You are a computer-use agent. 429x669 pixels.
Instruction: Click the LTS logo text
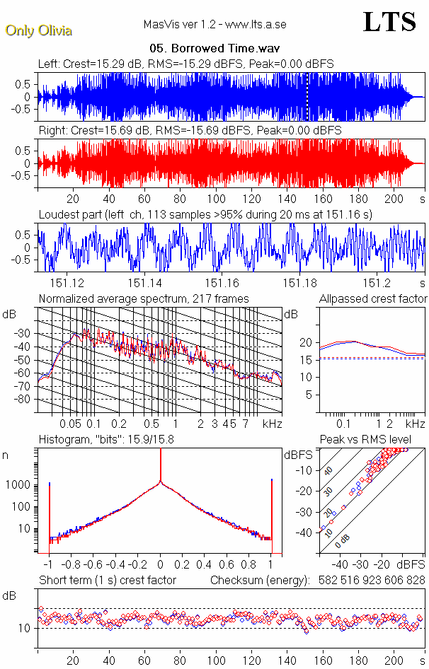pyautogui.click(x=389, y=23)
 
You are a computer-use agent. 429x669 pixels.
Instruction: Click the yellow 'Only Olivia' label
pyautogui.click(x=38, y=30)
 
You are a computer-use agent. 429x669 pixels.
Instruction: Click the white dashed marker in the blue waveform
pyautogui.click(x=307, y=98)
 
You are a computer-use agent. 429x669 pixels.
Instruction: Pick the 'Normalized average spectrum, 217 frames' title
pyautogui.click(x=144, y=298)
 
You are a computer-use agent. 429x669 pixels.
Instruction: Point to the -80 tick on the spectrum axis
pyautogui.click(x=28, y=400)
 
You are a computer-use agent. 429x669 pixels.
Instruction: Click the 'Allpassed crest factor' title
pyautogui.click(x=373, y=298)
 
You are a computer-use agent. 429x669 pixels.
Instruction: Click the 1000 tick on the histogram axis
pyautogui.click(x=21, y=485)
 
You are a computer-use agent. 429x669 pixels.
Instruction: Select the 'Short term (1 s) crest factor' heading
pyautogui.click(x=108, y=581)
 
